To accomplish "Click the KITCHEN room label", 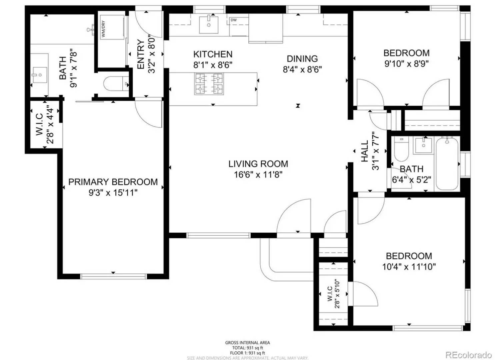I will (213, 54).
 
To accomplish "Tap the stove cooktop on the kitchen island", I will (209, 84).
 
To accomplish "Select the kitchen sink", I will (209, 24).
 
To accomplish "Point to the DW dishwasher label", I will (234, 20).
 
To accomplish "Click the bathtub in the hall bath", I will (447, 163).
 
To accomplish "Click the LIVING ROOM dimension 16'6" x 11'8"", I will (258, 174).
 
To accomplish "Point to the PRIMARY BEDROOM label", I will (113, 182).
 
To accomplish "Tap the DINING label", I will (302, 59).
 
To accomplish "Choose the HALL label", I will (365, 151).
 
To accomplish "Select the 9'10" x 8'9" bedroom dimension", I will (406, 64).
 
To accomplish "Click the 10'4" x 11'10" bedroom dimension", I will (409, 267).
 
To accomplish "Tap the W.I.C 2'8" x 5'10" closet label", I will (333, 294).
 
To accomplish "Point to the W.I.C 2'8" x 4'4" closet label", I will (44, 124).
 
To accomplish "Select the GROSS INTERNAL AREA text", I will (247, 343).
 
